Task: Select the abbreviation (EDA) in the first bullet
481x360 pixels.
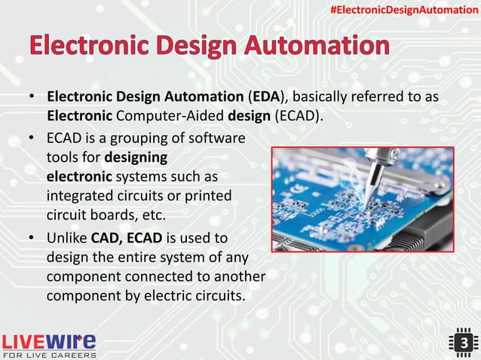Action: click(263, 99)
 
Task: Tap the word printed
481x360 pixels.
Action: click(206, 196)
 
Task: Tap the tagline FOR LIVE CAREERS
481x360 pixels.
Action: click(50, 354)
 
